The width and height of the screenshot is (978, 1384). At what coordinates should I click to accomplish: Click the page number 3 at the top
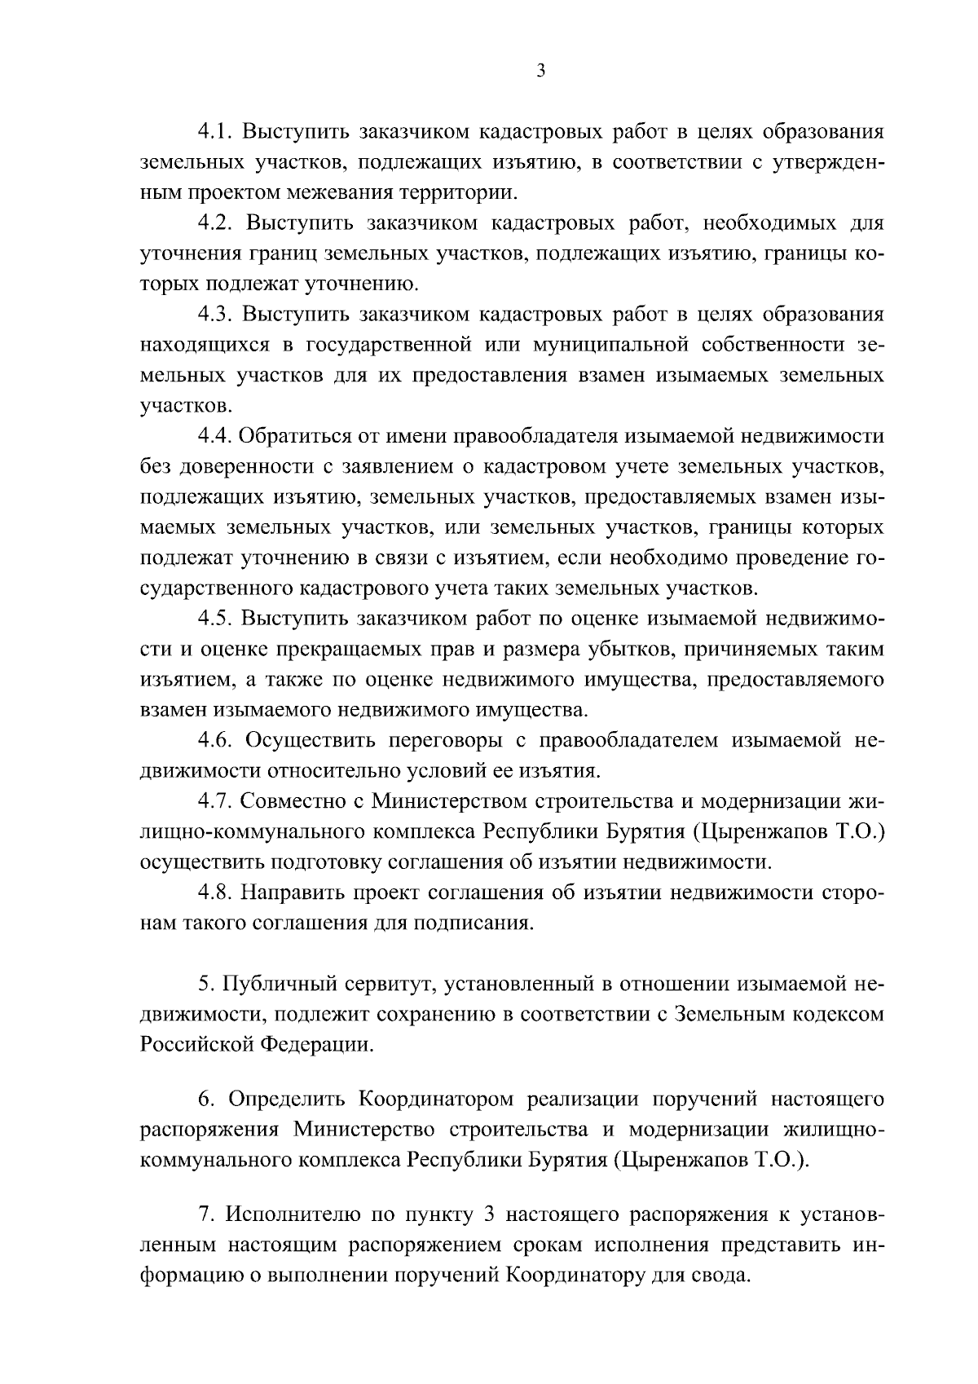click(541, 72)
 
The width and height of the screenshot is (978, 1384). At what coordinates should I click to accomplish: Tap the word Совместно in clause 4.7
click(289, 801)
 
